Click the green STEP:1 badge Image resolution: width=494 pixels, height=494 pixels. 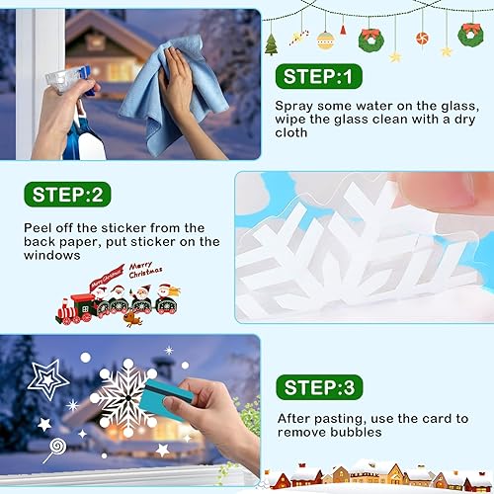coord(319,76)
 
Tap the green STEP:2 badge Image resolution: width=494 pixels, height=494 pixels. coord(67,195)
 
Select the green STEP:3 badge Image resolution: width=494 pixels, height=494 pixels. coord(319,387)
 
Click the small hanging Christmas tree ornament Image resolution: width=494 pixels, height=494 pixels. coord(272,44)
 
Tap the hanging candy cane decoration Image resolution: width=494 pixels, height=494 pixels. coord(299,38)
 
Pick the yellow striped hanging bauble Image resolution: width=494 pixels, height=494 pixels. coord(325,41)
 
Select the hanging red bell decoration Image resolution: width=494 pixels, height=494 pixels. coord(343,30)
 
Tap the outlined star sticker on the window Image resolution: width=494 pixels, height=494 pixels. coord(48,379)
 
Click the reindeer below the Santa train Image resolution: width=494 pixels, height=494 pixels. coord(132,319)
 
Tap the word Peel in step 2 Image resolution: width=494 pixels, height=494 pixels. coord(37,228)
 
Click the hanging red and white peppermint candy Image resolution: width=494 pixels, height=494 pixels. coord(422,39)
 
